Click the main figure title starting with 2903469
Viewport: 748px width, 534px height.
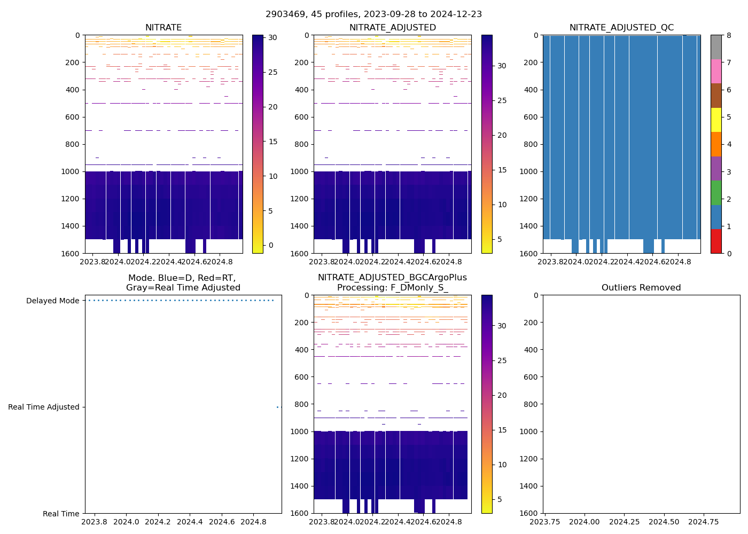coord(373,14)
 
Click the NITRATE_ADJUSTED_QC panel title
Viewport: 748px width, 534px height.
coord(621,28)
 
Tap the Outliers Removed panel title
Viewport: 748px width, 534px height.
coord(641,288)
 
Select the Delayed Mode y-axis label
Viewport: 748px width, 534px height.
coord(53,301)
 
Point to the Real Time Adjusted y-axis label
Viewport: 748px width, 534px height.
coord(44,407)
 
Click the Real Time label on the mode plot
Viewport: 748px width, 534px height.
coord(61,514)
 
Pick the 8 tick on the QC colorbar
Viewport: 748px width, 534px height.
coord(728,35)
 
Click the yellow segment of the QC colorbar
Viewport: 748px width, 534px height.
coord(716,120)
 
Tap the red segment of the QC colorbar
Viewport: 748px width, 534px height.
coord(716,241)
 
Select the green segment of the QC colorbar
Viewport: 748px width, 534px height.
coord(716,193)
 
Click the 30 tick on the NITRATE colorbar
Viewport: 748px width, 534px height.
coord(272,37)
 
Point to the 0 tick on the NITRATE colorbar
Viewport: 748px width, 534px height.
coord(271,245)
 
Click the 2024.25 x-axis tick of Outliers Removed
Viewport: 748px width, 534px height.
coord(625,522)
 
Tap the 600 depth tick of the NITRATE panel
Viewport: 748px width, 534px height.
coord(74,117)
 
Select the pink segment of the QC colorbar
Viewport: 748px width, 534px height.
coord(716,71)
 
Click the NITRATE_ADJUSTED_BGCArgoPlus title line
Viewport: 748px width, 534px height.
coord(392,278)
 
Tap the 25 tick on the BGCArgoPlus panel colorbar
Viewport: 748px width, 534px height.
coord(502,360)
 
